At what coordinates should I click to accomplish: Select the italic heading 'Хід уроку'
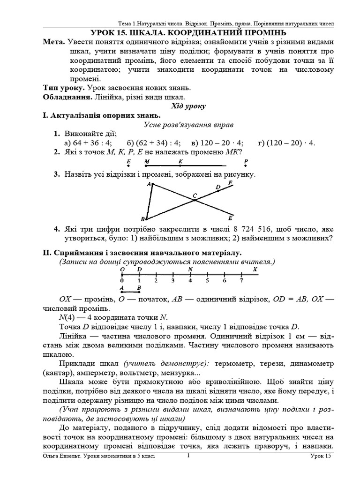188,106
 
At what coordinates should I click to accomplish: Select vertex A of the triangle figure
149,185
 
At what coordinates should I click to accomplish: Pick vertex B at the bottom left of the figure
143,219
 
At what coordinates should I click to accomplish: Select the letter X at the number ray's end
255,270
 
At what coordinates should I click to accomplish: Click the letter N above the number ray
190,270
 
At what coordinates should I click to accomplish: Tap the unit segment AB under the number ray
130,291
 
